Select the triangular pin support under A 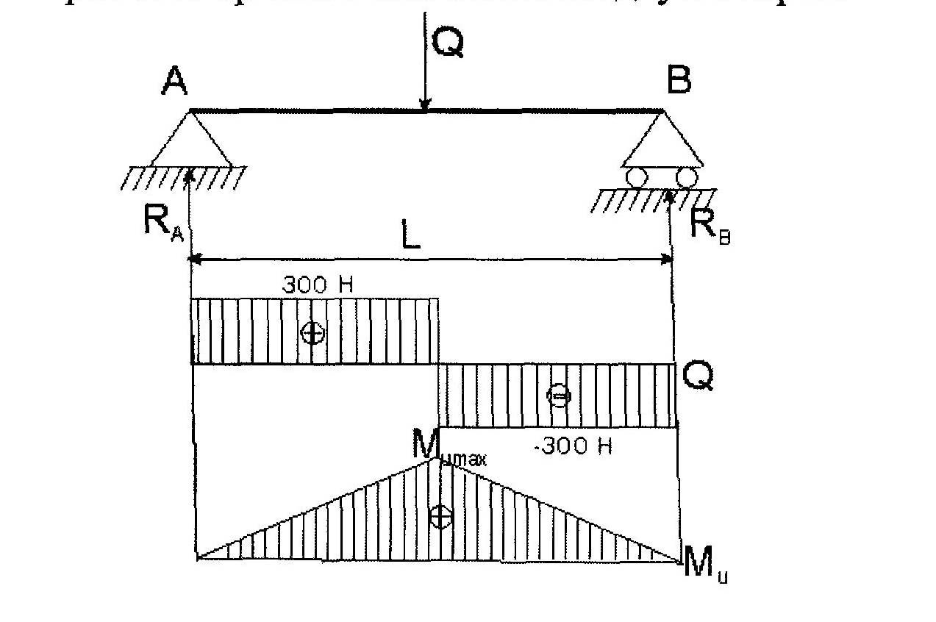tap(191, 140)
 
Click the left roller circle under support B tap(635, 177)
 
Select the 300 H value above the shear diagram tap(317, 285)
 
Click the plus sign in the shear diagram tap(312, 333)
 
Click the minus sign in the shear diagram tap(559, 396)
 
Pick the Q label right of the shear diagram tap(697, 377)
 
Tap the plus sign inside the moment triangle tap(440, 516)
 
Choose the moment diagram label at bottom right tap(704, 566)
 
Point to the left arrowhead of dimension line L tap(195, 259)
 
